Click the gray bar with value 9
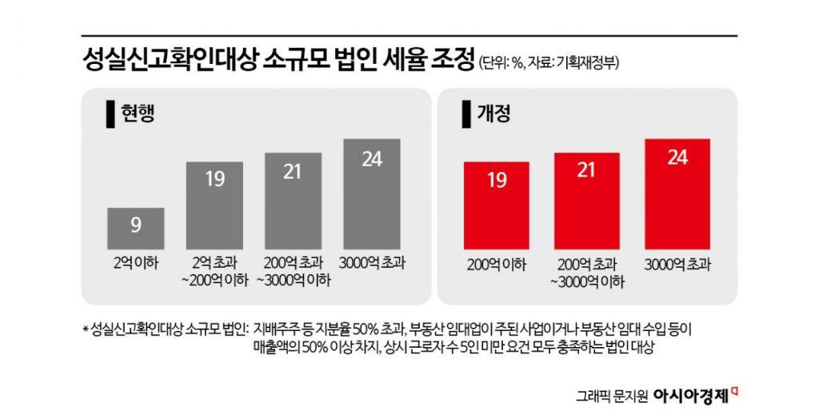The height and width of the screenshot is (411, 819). pyautogui.click(x=136, y=228)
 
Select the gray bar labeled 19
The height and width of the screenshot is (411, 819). pyautogui.click(x=214, y=205)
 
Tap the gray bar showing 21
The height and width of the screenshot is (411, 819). pyautogui.click(x=294, y=201)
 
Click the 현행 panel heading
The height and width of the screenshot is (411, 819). pyautogui.click(x=138, y=113)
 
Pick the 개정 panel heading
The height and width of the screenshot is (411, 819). pyautogui.click(x=493, y=113)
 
